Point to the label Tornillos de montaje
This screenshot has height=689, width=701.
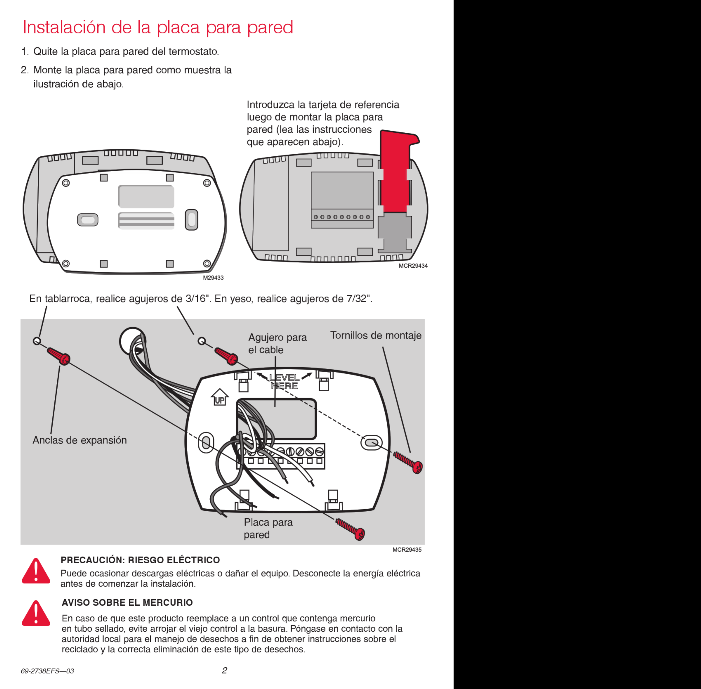coord(375,335)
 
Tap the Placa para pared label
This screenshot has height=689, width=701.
coord(268,528)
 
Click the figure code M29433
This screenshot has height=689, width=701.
coord(213,277)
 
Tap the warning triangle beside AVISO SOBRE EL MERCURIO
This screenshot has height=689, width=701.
coord(36,614)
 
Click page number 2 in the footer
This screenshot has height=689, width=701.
coord(224,671)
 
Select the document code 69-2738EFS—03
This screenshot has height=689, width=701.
coord(47,671)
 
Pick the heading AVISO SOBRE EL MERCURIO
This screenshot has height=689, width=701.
coord(127,603)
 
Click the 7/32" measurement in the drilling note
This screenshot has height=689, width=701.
coord(359,298)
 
